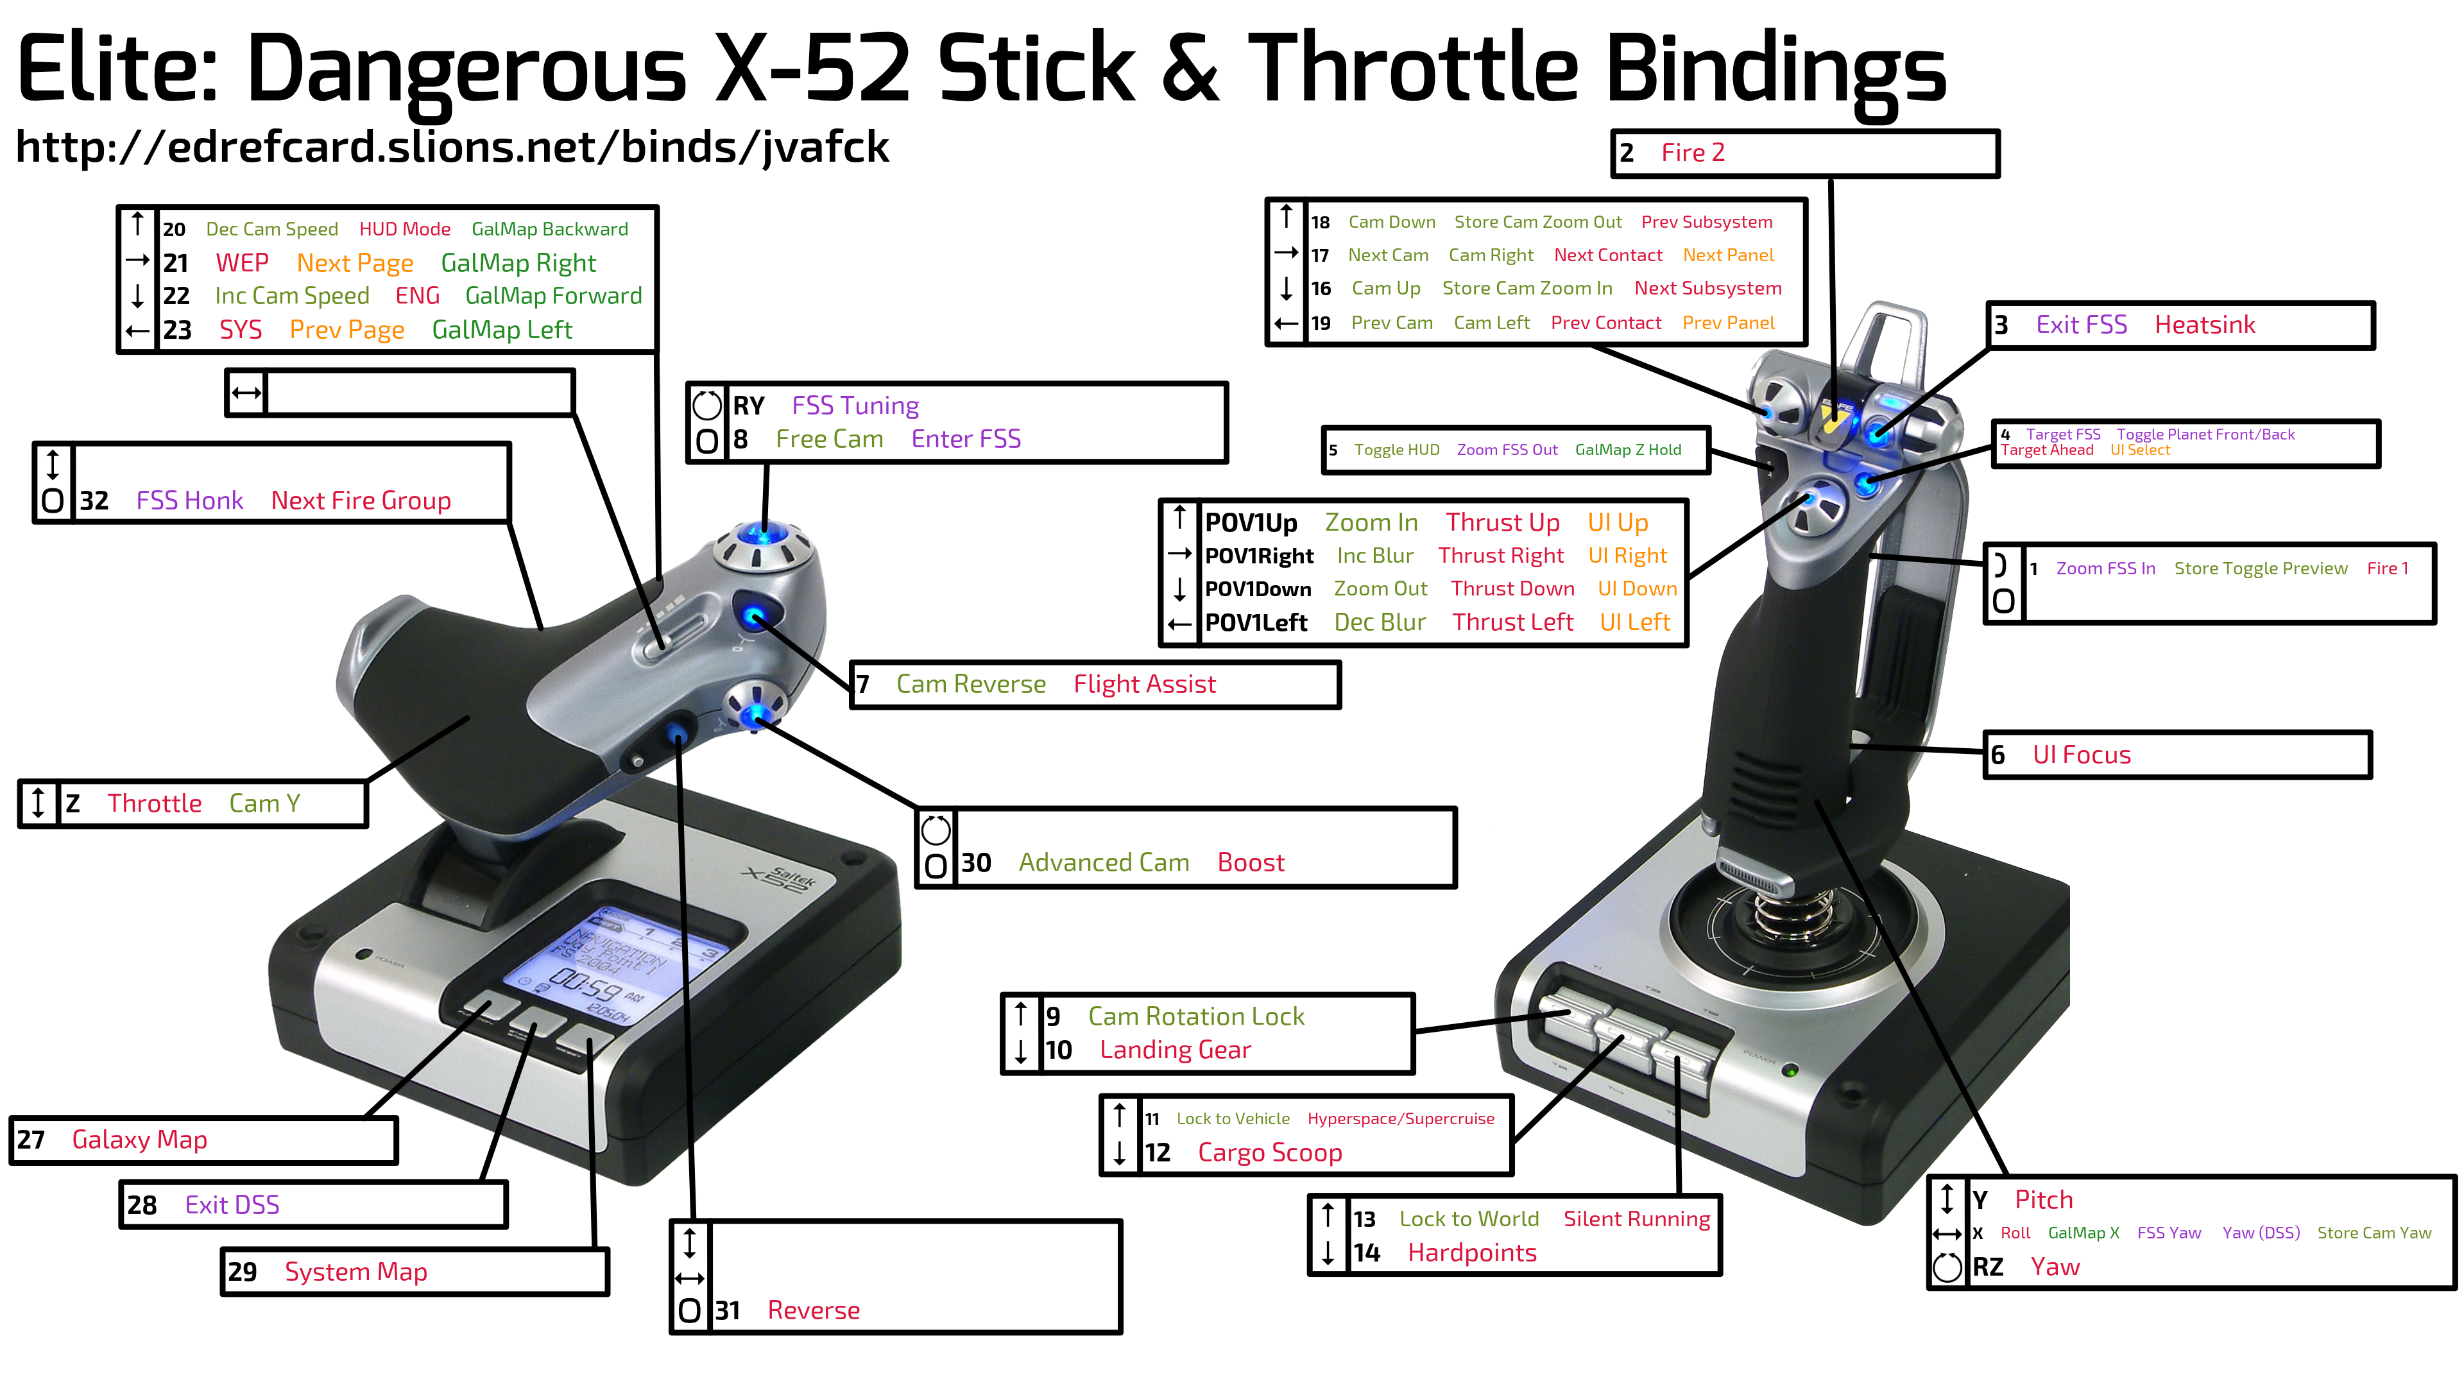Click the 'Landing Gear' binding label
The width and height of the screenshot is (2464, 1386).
click(x=1175, y=1050)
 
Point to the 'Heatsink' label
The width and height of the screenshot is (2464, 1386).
click(x=2205, y=325)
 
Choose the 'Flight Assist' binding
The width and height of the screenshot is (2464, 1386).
click(x=1144, y=684)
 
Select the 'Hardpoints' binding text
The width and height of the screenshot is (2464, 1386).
click(x=1472, y=1253)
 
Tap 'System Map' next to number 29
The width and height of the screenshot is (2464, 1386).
click(x=356, y=1272)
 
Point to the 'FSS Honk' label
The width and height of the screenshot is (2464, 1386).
click(x=189, y=501)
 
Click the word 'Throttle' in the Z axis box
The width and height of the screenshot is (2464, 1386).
click(x=154, y=803)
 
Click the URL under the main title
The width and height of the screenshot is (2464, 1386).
click(x=452, y=148)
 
